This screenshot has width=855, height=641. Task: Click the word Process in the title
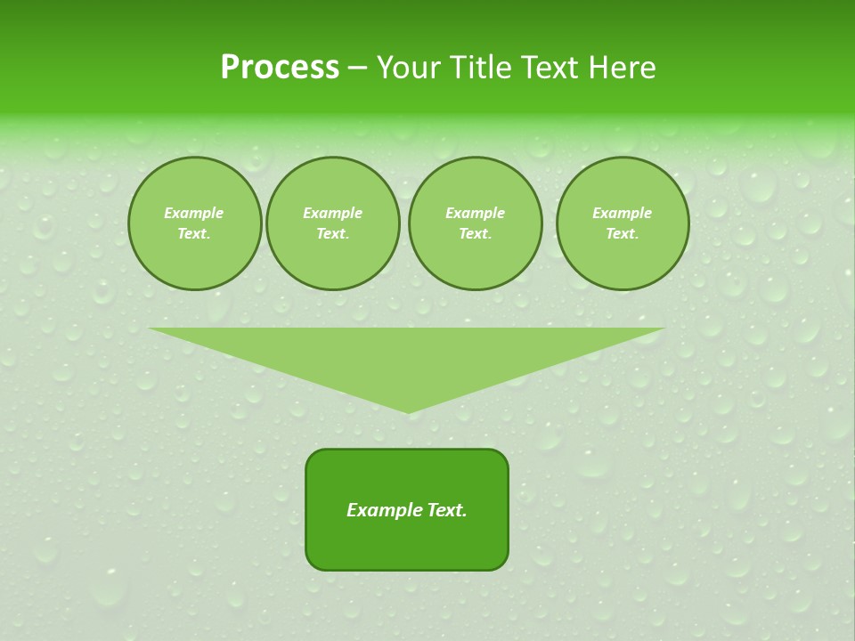[x=280, y=67]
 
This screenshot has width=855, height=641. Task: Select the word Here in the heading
[x=623, y=67]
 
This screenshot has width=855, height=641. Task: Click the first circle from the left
[x=194, y=223]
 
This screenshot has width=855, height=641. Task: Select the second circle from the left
[x=332, y=223]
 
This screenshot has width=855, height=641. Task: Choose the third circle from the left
[x=475, y=223]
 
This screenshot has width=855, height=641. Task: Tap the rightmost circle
[x=622, y=223]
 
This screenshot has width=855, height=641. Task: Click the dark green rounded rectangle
[x=407, y=543]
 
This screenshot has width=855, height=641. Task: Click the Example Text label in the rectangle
[x=407, y=510]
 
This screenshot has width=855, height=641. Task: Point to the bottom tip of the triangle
[x=408, y=411]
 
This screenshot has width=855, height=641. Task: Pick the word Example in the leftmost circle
[x=194, y=213]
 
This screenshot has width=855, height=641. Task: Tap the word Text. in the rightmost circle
[x=622, y=234]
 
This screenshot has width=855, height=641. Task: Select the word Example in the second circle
[x=332, y=213]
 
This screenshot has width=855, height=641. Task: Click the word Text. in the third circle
[x=475, y=234]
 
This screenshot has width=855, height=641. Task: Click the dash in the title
[x=357, y=68]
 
